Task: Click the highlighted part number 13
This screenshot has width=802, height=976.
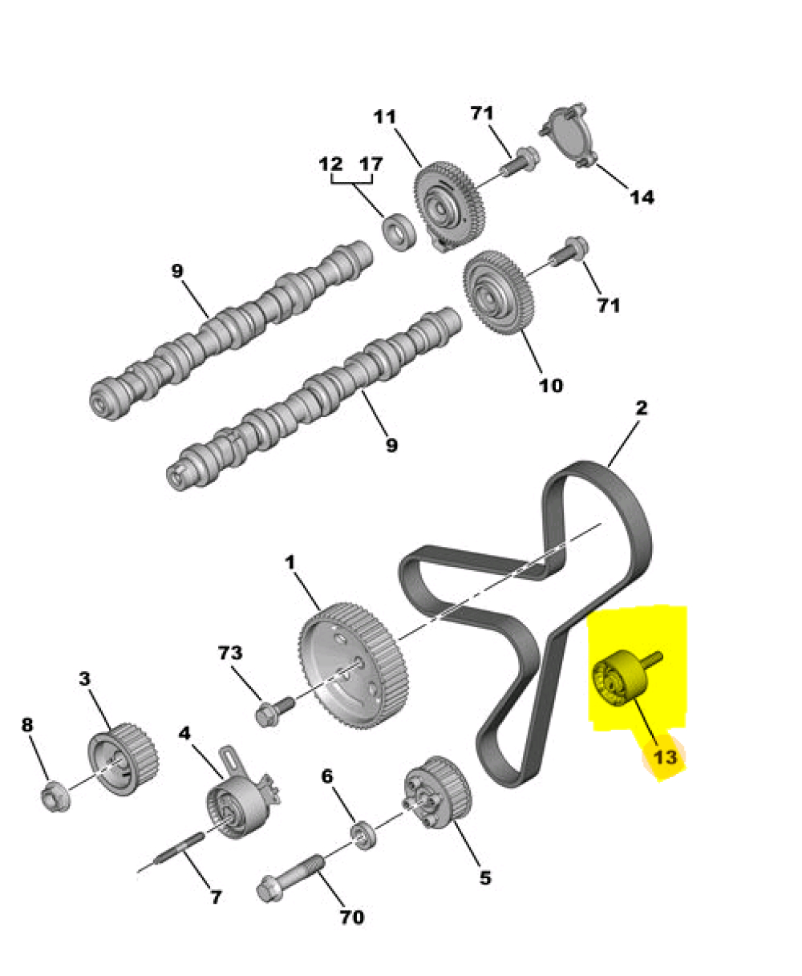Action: click(665, 758)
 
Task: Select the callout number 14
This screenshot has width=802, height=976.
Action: click(642, 197)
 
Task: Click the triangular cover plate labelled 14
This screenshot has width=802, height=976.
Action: click(567, 137)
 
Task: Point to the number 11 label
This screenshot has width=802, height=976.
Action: click(385, 117)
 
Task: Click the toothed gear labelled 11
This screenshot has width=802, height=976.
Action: click(448, 207)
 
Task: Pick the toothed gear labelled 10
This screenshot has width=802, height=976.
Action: click(498, 293)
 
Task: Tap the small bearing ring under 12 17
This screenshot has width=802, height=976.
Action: click(399, 233)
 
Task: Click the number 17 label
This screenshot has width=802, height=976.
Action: click(371, 164)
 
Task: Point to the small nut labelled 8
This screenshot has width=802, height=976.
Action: click(55, 796)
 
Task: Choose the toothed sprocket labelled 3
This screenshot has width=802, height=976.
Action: click(123, 765)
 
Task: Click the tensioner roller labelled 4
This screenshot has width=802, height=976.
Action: click(241, 801)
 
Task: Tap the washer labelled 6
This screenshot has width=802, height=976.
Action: click(363, 835)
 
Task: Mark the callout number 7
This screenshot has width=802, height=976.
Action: click(216, 897)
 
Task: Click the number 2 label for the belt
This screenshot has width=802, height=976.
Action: click(642, 407)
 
